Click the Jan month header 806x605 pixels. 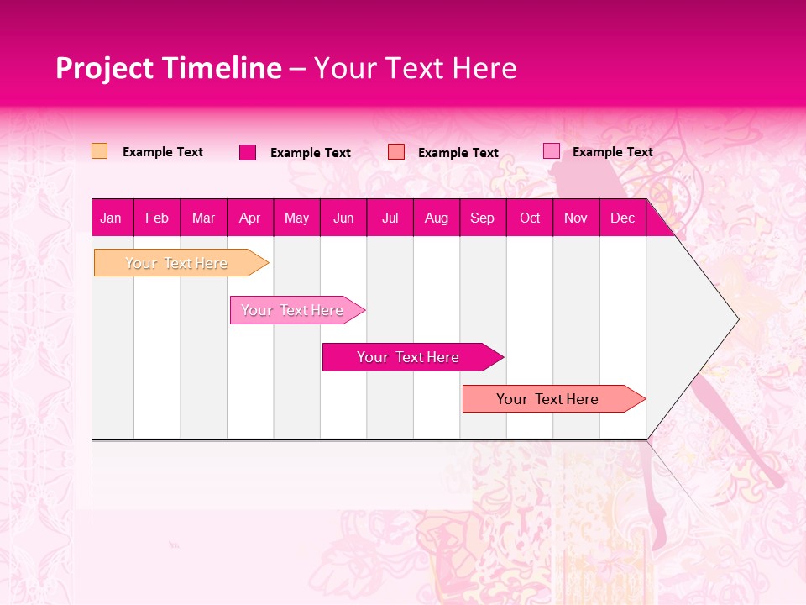tap(111, 218)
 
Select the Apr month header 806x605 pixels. tap(250, 218)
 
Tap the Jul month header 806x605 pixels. tap(390, 218)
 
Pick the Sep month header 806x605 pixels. tap(482, 218)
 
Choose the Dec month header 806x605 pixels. tap(622, 218)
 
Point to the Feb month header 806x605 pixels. tap(157, 218)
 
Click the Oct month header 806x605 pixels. tap(529, 218)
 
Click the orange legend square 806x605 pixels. tap(99, 151)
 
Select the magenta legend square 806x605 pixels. tap(248, 152)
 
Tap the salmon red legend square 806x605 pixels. tap(396, 152)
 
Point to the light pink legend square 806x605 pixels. tap(551, 151)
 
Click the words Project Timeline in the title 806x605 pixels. tap(168, 68)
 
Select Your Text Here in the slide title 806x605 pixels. tap(415, 68)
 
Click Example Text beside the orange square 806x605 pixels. tap(163, 152)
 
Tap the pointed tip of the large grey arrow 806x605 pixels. tap(737, 319)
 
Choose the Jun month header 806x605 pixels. tap(343, 218)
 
